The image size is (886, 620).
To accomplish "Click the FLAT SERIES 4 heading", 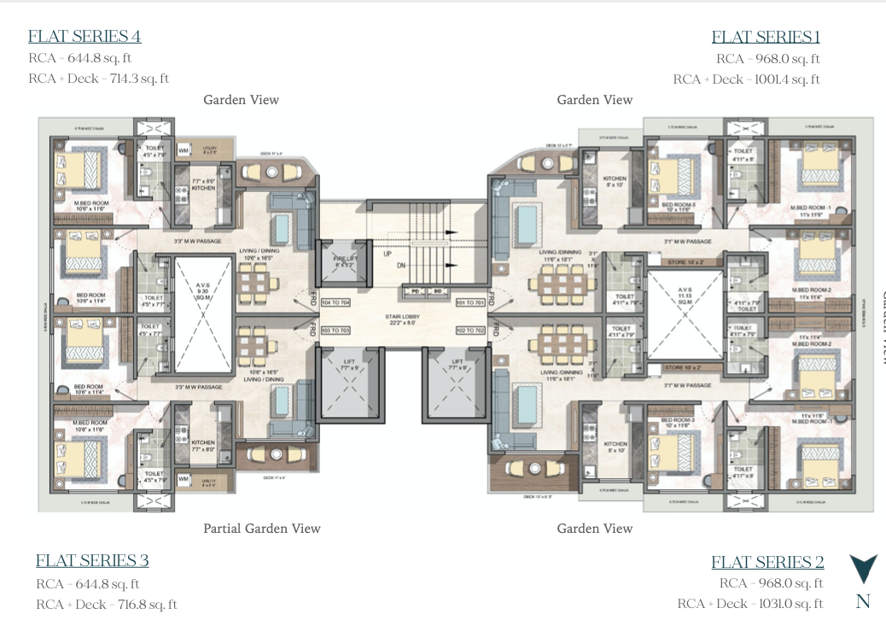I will [x=85, y=36].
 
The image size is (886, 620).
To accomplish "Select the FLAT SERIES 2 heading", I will [x=767, y=562].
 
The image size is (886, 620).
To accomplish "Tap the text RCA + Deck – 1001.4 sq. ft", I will [x=746, y=79].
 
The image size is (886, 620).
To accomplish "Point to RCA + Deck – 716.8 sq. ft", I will [x=107, y=605].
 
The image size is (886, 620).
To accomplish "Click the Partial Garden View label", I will [x=262, y=529].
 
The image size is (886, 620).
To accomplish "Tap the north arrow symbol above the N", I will [x=863, y=568].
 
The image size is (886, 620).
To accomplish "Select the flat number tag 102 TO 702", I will [x=469, y=330].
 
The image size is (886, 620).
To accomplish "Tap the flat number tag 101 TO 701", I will [x=469, y=302].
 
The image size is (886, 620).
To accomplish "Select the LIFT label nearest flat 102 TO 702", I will [x=458, y=365].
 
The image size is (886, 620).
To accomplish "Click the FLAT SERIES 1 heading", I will [x=766, y=37].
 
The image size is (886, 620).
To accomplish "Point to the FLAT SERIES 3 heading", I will [x=92, y=560].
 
